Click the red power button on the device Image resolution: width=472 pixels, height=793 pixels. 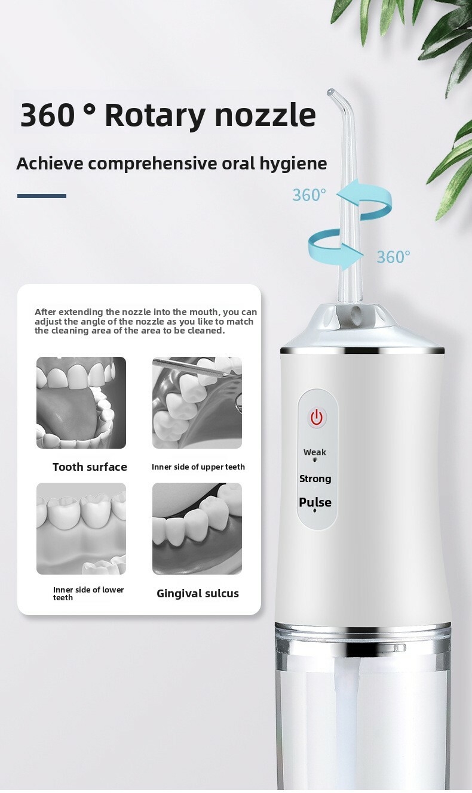(317, 418)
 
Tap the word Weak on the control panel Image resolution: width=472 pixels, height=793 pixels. (315, 452)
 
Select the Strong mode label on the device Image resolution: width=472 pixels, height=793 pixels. (315, 479)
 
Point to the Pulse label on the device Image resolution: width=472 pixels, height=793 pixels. (315, 502)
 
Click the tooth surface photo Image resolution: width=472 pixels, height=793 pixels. (81, 403)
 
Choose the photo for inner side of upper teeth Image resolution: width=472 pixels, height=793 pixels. (197, 403)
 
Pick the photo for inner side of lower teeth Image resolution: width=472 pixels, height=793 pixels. (81, 528)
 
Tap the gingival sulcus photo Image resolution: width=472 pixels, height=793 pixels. (197, 528)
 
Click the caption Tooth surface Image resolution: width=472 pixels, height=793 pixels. (90, 467)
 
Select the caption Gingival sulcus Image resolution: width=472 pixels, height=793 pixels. (198, 593)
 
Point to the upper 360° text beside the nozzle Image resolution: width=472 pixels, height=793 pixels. (309, 195)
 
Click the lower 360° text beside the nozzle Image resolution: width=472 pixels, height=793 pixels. (393, 257)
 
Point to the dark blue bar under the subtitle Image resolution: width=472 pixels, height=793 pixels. (42, 196)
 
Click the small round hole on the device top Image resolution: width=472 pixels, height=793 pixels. (355, 312)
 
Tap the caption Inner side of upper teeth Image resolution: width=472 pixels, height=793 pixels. (198, 467)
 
